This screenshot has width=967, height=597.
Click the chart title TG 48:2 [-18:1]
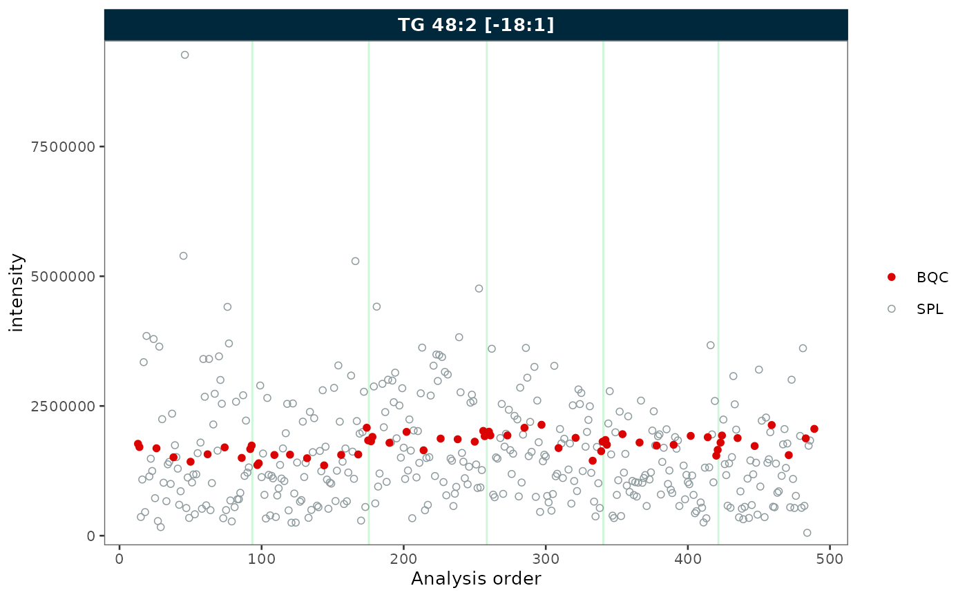476,25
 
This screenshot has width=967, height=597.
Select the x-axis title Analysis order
476,578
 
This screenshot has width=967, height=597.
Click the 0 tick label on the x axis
119,558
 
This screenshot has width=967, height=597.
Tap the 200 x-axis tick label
403,558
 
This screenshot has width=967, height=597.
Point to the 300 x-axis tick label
546,558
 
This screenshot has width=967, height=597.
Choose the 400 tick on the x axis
687,558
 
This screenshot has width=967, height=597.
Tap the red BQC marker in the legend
891,277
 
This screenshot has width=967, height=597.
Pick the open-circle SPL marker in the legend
891,309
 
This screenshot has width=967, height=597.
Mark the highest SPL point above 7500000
184,55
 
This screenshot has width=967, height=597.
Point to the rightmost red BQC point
814,429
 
